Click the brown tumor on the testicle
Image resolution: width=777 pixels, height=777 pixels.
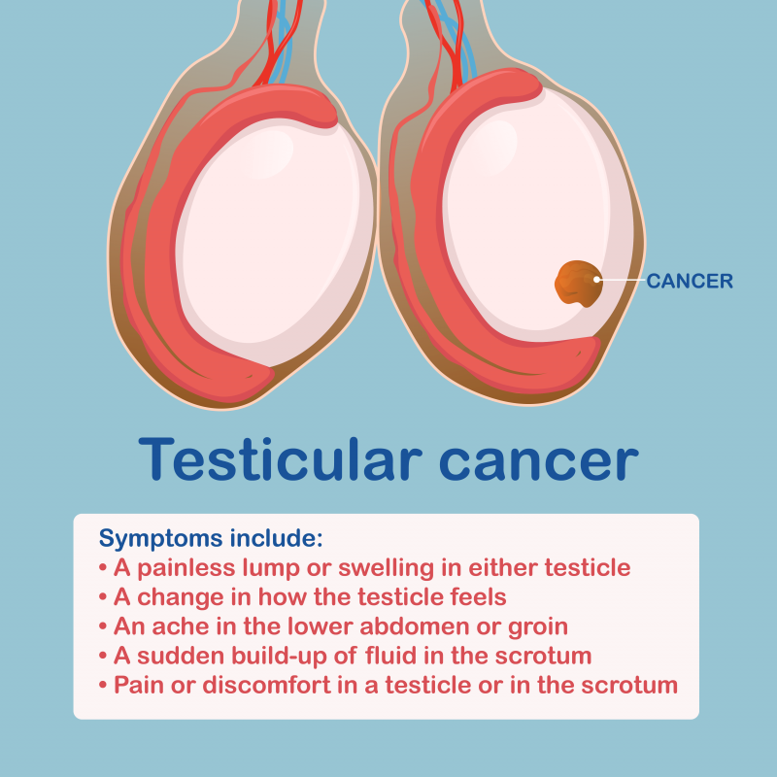click(x=578, y=284)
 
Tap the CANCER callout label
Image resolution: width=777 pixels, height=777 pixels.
click(x=690, y=281)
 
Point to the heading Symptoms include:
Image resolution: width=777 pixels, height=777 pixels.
click(x=211, y=539)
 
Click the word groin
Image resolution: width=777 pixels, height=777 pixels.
click(x=538, y=627)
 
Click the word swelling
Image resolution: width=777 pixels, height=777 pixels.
click(x=386, y=568)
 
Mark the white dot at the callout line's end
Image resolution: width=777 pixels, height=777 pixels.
click(x=596, y=280)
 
